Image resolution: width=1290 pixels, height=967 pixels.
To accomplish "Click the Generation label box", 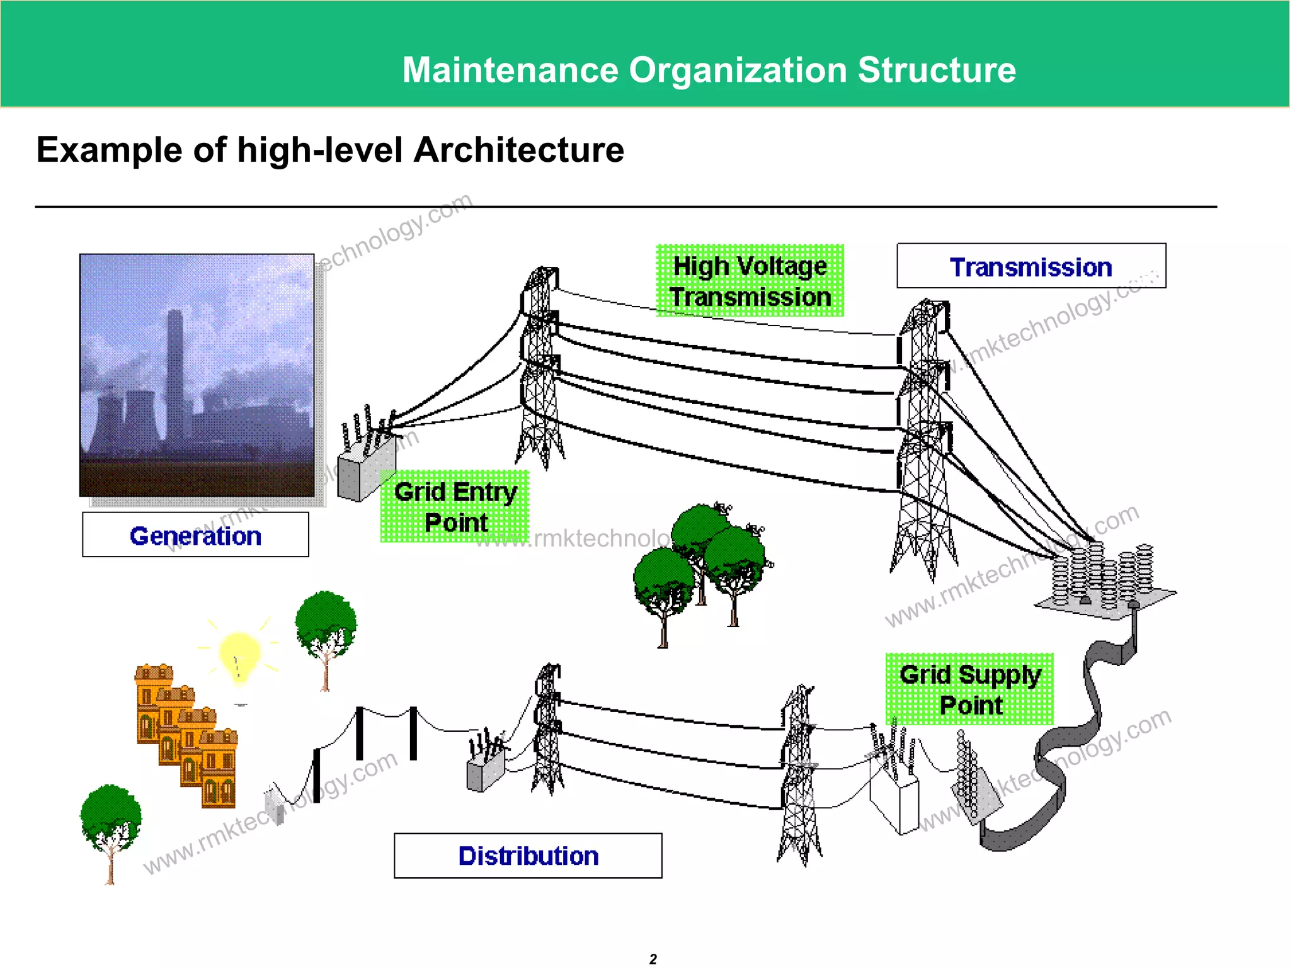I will pyautogui.click(x=195, y=535).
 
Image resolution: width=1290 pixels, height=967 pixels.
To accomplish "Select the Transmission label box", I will pyautogui.click(x=1031, y=266).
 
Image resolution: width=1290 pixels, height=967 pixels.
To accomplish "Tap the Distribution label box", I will pyautogui.click(x=528, y=856).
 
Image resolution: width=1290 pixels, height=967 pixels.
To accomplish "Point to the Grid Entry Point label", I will pyautogui.click(x=455, y=507).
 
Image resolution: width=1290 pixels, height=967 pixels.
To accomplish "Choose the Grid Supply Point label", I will pyautogui.click(x=969, y=689).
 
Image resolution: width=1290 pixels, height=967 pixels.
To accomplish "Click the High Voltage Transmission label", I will pyautogui.click(x=750, y=281).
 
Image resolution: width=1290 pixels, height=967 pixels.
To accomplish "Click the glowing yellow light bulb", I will pyautogui.click(x=239, y=655).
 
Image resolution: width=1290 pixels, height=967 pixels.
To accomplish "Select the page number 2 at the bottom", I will pyautogui.click(x=653, y=959).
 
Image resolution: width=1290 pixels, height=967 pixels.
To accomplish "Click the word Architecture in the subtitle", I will pyautogui.click(x=518, y=150).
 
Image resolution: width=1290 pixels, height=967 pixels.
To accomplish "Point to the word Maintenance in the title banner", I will pyautogui.click(x=510, y=70).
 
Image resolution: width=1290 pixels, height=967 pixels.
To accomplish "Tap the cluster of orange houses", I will pyautogui.click(x=186, y=737).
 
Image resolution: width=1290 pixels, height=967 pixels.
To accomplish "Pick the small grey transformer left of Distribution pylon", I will pyautogui.click(x=485, y=768).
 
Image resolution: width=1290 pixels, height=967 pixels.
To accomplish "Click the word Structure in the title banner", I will pyautogui.click(x=937, y=70).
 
